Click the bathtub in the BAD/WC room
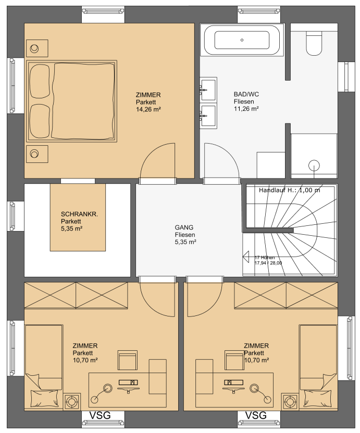[x=242, y=40]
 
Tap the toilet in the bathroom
[x=314, y=43]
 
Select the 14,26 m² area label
[x=148, y=109]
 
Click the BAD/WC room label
[x=246, y=94]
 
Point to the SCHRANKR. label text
[x=79, y=214]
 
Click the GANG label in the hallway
[x=184, y=227]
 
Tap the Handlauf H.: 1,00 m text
[x=290, y=190]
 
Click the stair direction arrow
[x=246, y=257]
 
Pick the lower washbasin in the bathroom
[x=208, y=116]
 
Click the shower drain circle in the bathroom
[x=314, y=166]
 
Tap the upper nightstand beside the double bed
[x=37, y=48]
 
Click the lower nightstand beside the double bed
[x=37, y=154]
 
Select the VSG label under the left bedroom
[x=100, y=415]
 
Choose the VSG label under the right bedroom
[x=256, y=415]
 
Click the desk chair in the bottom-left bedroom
[x=128, y=360]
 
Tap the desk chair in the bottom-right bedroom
[x=234, y=360]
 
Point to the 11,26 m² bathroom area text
[x=246, y=109]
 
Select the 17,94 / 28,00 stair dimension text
[x=268, y=263]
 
